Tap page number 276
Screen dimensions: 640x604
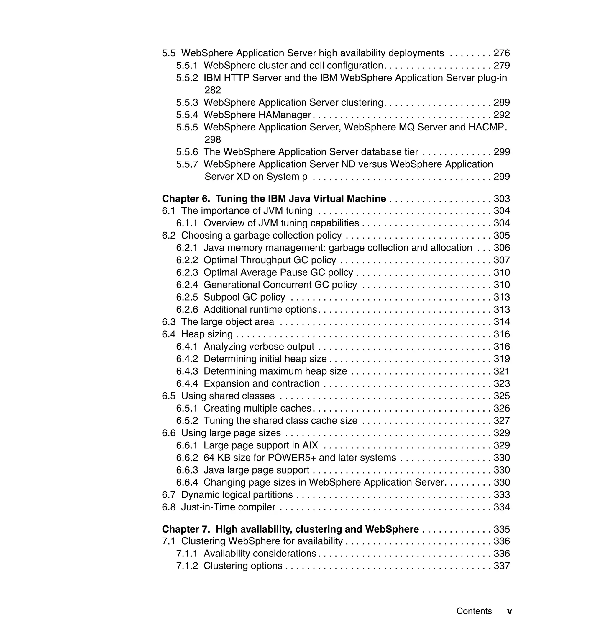tap(502, 53)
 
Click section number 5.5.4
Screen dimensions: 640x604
tap(187, 115)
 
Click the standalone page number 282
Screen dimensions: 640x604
tap(213, 90)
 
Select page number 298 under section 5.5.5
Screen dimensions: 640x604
tap(213, 140)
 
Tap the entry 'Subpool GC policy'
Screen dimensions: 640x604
tap(244, 297)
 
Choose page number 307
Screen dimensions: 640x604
tap(502, 260)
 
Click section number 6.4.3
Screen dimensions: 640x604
tap(187, 371)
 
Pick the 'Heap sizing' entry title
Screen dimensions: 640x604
tap(207, 334)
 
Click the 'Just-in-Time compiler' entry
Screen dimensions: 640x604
tap(228, 507)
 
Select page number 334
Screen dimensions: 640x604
tap(502, 507)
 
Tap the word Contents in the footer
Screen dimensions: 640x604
tap(474, 611)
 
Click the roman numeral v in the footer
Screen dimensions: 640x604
tap(509, 611)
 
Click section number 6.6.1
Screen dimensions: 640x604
tap(187, 445)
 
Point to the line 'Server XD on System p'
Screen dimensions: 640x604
tap(256, 177)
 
